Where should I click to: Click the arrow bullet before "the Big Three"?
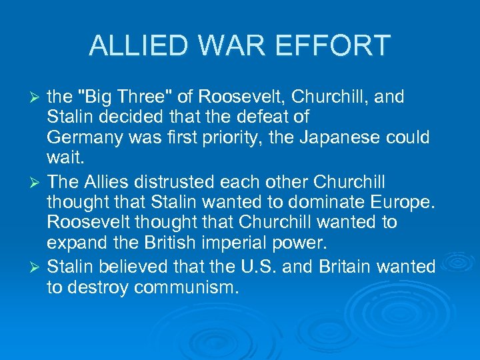pos(37,98)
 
